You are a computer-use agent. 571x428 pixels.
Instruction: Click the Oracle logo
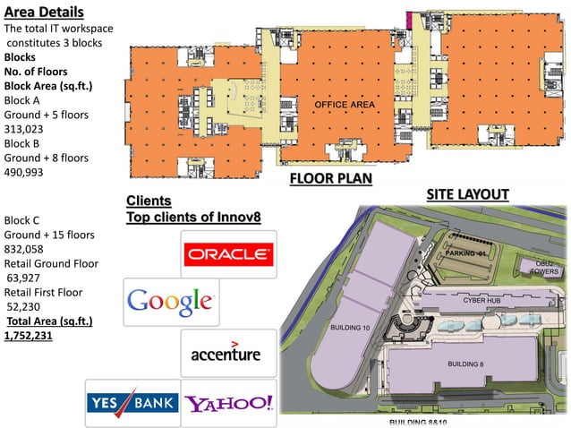pyautogui.click(x=228, y=254)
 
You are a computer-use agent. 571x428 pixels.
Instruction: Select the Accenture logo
pyautogui.click(x=226, y=352)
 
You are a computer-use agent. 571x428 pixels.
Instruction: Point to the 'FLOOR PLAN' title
pyautogui.click(x=330, y=179)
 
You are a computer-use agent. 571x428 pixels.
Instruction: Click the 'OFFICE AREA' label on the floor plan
pyautogui.click(x=344, y=106)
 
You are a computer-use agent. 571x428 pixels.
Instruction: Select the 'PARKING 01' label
pyautogui.click(x=469, y=254)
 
